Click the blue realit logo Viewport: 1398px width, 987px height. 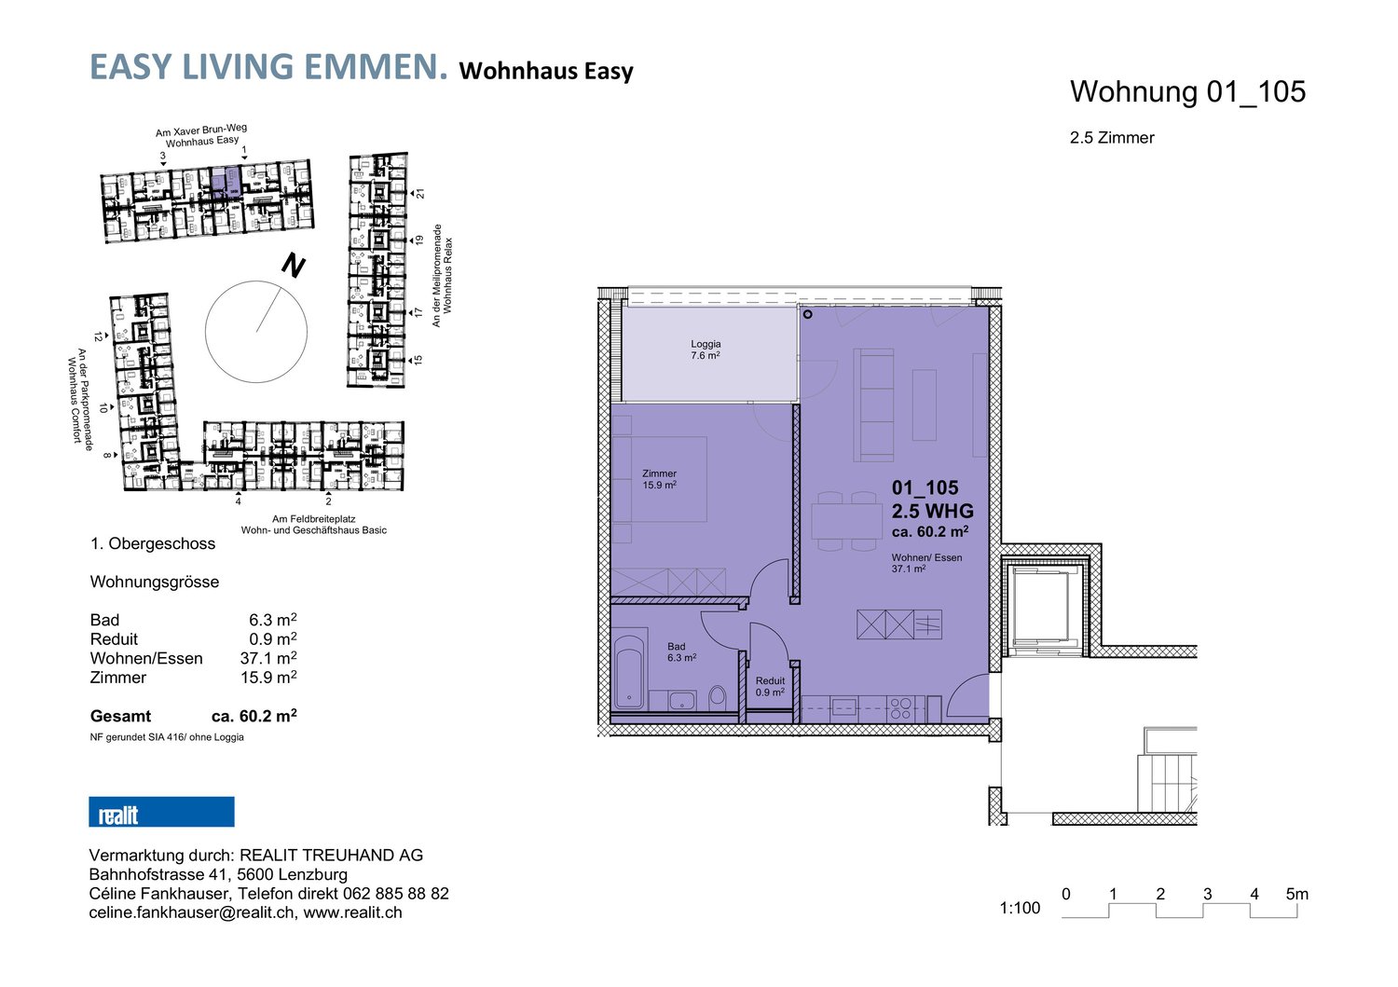pos(161,812)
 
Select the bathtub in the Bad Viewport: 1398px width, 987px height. pos(630,672)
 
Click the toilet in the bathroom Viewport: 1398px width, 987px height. pos(718,696)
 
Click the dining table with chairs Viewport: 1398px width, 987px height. pos(846,521)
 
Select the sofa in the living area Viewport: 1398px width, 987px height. pos(874,404)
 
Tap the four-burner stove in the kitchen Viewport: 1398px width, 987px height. pos(900,708)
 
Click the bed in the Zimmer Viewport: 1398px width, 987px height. pos(659,479)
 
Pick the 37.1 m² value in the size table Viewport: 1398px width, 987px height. pos(267,658)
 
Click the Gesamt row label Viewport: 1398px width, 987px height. pos(120,717)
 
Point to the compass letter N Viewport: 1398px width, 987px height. pos(294,267)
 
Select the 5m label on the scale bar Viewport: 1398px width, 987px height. pos(1296,894)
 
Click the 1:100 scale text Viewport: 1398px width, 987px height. pos(1020,908)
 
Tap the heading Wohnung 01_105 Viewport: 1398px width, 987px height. pos(1187,91)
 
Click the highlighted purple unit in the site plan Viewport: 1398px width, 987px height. pos(226,180)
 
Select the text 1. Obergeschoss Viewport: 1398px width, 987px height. pos(153,543)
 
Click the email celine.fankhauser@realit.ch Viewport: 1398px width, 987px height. pos(191,912)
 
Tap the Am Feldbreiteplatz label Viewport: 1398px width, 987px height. pos(313,519)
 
